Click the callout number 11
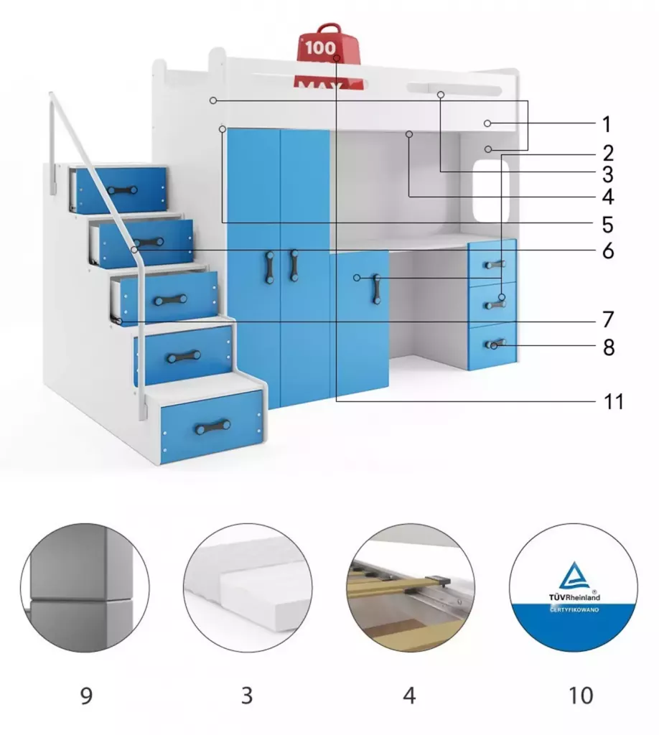pyautogui.click(x=614, y=402)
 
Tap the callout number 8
pyautogui.click(x=608, y=347)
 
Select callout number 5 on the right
pyautogui.click(x=608, y=225)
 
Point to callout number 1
pyautogui.click(x=607, y=124)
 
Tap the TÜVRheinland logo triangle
pyautogui.click(x=574, y=575)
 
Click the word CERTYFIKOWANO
pyautogui.click(x=574, y=610)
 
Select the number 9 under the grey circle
pyautogui.click(x=86, y=696)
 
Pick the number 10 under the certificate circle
pyautogui.click(x=580, y=696)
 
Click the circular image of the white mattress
pyautogui.click(x=248, y=588)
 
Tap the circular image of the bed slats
pyautogui.click(x=410, y=588)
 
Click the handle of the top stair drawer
pyautogui.click(x=122, y=189)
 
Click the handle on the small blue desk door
pyautogui.click(x=376, y=289)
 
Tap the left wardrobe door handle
pyautogui.click(x=270, y=267)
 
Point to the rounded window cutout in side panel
pyautogui.click(x=491, y=190)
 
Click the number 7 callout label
pyautogui.click(x=608, y=319)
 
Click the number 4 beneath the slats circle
pyautogui.click(x=409, y=696)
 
